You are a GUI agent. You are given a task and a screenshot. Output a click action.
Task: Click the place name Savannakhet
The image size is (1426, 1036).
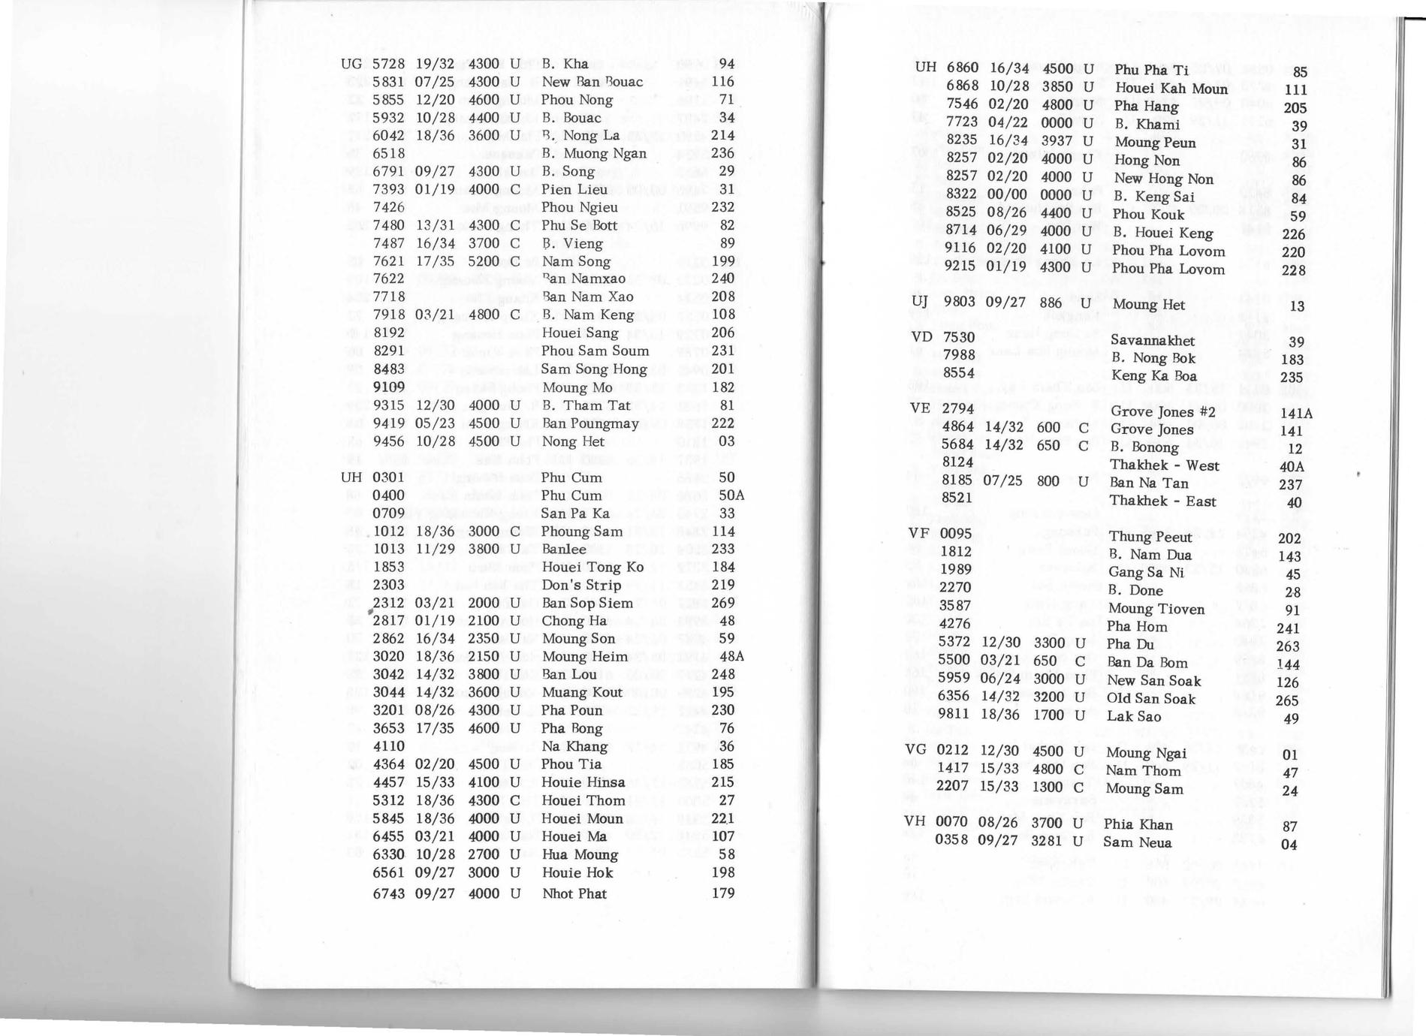coord(1152,341)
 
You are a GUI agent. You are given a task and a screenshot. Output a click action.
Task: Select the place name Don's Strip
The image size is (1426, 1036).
coord(580,585)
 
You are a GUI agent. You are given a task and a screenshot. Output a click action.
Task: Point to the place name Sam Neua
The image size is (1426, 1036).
coord(1137,842)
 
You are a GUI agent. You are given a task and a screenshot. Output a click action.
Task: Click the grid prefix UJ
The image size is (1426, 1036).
coord(919,302)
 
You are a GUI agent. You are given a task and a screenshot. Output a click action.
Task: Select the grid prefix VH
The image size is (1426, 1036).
coord(915,821)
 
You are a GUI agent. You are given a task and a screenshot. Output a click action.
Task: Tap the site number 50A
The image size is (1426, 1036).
coord(731,495)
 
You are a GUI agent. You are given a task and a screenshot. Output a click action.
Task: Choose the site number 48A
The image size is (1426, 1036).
coord(731,657)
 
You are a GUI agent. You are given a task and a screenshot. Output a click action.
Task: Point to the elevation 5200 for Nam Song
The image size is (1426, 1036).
coord(484,261)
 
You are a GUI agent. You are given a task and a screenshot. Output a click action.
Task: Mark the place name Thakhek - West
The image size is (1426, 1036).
coord(1164,465)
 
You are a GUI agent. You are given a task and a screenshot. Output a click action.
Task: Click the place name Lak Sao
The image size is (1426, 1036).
coord(1133,716)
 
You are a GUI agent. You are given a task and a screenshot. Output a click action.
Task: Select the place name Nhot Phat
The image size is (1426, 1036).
coord(574,893)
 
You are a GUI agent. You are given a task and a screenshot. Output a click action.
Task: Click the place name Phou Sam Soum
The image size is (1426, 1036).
coord(595,351)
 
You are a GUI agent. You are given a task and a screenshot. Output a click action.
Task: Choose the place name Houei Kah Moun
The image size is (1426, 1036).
coord(1171,89)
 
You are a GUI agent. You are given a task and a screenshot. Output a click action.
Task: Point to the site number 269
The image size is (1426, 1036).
coord(722,603)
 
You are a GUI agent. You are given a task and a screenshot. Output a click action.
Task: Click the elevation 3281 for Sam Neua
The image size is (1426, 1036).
coord(1047,842)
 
